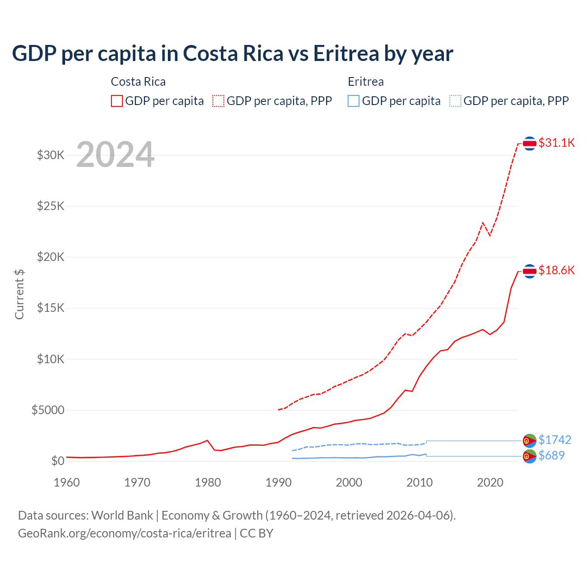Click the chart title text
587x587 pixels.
tap(233, 54)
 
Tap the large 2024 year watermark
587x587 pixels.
tap(115, 155)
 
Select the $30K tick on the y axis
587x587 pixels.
tap(51, 155)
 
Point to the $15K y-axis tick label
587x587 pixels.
tap(51, 308)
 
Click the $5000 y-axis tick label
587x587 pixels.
tap(48, 410)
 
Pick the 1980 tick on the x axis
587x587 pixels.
tap(208, 482)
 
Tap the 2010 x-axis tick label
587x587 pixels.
tap(420, 482)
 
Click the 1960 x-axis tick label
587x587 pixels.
tap(67, 482)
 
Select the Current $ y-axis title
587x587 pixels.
tap(19, 294)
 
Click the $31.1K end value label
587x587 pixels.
tap(556, 143)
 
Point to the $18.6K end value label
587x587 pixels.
tap(556, 270)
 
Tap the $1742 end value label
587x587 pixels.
tap(554, 440)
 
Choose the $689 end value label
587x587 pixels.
tap(552, 455)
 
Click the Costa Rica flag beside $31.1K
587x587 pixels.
tap(530, 144)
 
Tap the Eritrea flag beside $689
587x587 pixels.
tap(530, 456)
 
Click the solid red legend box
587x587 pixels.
tap(117, 101)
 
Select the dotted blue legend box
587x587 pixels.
tap(455, 101)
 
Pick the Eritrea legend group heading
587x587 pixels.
tap(365, 82)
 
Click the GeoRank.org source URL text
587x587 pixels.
tap(125, 533)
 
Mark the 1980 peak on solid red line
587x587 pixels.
tap(208, 440)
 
